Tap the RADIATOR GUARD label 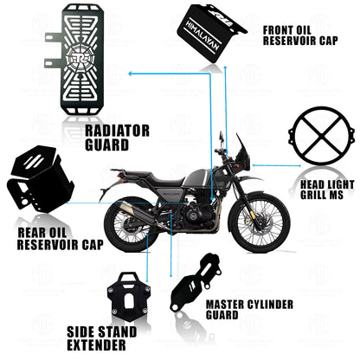tap(119, 138)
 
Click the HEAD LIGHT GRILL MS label tap(328, 190)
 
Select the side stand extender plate tap(132, 300)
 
